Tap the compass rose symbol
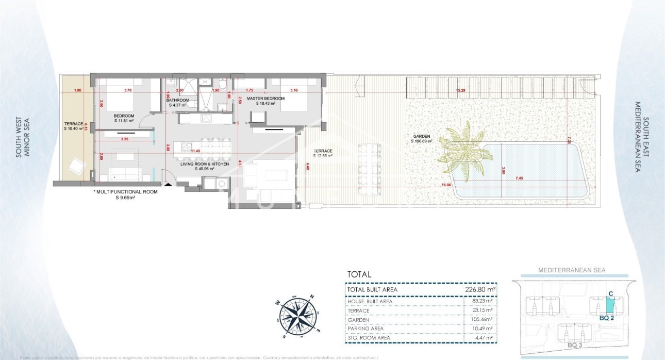tap(297, 314)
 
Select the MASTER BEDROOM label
tap(265, 98)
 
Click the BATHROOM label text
tap(177, 100)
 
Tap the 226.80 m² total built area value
tap(480, 290)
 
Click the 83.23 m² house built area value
tap(484, 301)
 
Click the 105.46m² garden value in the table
tap(483, 320)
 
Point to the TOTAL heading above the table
tap(359, 275)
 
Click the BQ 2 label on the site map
tap(607, 318)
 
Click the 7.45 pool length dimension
tap(519, 178)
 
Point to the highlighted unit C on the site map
tap(610, 305)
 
